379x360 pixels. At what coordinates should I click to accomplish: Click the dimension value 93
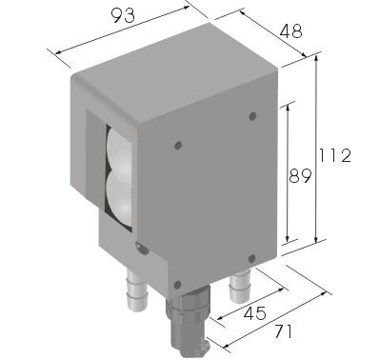123,16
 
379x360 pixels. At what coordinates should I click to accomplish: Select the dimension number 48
291,31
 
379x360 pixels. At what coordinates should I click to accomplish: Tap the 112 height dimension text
335,156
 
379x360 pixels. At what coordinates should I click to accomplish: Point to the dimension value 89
300,176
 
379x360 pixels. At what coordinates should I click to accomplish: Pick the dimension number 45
255,313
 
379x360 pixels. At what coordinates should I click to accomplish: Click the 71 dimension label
283,331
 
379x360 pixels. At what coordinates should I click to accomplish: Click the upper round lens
119,150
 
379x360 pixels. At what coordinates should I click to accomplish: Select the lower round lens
118,197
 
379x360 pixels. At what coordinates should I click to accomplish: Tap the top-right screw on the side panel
252,116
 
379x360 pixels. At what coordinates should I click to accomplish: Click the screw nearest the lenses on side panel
178,146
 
